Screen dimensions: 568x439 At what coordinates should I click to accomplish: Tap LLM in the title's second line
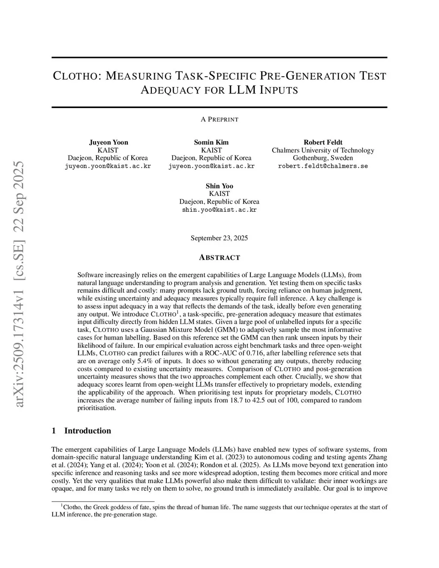(242, 90)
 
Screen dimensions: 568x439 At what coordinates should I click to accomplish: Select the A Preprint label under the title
(219, 119)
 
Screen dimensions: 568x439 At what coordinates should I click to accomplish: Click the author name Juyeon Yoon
(108, 142)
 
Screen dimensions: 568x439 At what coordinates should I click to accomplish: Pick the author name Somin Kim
(211, 142)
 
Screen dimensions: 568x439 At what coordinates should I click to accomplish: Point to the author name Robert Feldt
(323, 142)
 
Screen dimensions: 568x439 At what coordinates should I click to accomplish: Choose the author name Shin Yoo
(219, 186)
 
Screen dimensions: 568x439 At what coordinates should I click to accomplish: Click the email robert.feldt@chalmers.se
(323, 166)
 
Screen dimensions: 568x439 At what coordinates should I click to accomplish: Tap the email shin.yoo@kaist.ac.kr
(219, 210)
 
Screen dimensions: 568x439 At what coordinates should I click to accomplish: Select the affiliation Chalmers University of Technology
(323, 150)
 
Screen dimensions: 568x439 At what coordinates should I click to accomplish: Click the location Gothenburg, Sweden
(323, 158)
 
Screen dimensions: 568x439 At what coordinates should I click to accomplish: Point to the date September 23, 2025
(219, 238)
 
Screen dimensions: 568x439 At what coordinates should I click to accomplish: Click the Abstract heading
(219, 258)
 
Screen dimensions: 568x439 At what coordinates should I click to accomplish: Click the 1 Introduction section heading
(81, 431)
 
